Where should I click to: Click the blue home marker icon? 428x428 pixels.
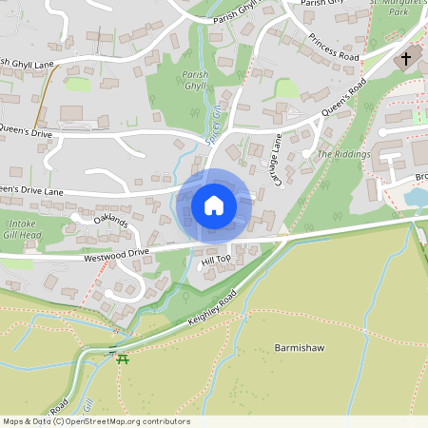tap(214, 205)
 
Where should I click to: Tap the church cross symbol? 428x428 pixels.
tap(406, 59)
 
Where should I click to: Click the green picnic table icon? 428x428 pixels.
tap(122, 358)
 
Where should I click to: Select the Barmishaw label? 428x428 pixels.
tap(299, 348)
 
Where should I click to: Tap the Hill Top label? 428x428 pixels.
tap(216, 259)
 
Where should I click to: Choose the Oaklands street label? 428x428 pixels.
tap(110, 221)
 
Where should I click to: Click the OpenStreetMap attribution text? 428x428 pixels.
tap(95, 421)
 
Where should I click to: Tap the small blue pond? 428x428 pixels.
tap(415, 198)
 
